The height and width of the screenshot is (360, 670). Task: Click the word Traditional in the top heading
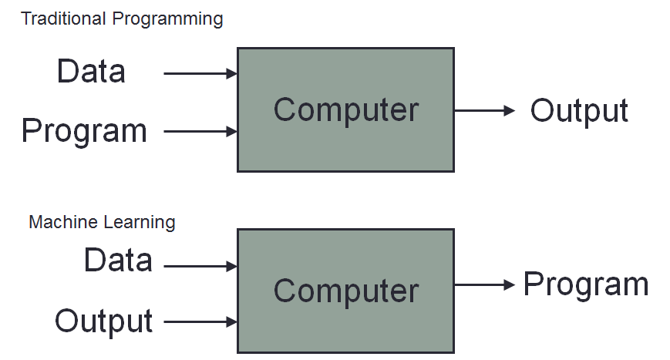coord(65,19)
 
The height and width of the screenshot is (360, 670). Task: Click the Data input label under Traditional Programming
coord(91,72)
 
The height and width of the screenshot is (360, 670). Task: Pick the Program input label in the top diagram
coord(84,130)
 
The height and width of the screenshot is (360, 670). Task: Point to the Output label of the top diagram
coord(579,111)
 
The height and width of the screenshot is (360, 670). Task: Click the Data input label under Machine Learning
coord(118,261)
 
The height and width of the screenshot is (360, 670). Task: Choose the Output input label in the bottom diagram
coord(103,321)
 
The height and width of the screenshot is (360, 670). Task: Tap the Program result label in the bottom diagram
coord(586,284)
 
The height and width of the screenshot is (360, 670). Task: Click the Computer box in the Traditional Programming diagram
coord(345,146)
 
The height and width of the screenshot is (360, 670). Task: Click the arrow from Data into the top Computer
coord(200,74)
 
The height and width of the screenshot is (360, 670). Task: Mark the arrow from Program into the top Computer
coord(200,132)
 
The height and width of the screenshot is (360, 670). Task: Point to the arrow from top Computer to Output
coord(484,111)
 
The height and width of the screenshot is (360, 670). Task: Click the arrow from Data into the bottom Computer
coord(200,267)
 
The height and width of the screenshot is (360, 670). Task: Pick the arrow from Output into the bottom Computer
coord(200,321)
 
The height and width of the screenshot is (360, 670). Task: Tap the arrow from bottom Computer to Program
coord(484,285)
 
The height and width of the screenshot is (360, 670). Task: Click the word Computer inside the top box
coord(345,110)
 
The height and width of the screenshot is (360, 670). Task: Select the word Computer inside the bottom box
coord(345,291)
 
